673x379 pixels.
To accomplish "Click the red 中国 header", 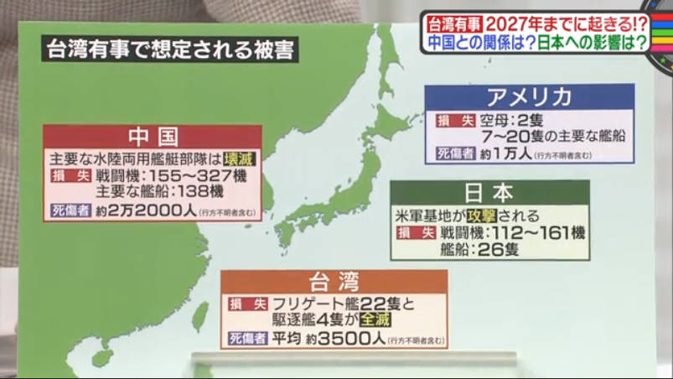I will click(x=152, y=137).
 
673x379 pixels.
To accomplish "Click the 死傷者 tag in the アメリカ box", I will click(x=451, y=153).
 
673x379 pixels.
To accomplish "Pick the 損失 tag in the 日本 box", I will click(x=416, y=232).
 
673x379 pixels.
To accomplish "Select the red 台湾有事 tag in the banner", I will click(x=451, y=22).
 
